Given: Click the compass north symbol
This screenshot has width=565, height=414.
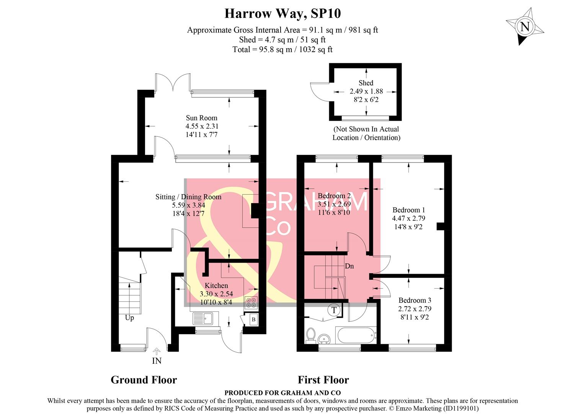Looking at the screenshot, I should pos(524,27).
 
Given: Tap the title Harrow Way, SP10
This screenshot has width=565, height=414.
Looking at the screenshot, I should pos(282,13).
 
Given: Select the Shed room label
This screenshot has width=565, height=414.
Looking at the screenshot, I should pos(366,83).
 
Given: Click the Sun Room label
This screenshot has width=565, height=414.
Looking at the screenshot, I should pos(201,118).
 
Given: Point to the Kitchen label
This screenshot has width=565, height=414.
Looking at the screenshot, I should pos(216,286).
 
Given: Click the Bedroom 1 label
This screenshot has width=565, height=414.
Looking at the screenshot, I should pos(408,210).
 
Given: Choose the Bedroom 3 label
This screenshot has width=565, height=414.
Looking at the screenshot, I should pos(415,301).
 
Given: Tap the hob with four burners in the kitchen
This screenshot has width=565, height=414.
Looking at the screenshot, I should pos(251,303).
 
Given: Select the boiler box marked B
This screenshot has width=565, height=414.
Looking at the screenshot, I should pos(253,319).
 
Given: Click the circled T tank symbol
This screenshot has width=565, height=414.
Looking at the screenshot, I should pos(334,310).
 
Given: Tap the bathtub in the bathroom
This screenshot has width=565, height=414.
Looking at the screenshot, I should pos(356,335).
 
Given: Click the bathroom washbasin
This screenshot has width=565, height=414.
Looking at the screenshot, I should pos(325,338).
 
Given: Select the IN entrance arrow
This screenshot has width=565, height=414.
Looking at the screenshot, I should pos(157,351).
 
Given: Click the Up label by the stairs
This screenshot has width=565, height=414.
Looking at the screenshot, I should pos(129,318).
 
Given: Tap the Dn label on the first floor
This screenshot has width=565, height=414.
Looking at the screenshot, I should pos(349,266).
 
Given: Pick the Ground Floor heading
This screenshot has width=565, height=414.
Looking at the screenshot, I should pos(144,380).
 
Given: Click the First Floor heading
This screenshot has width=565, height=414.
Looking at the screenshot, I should pos(323,380).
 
